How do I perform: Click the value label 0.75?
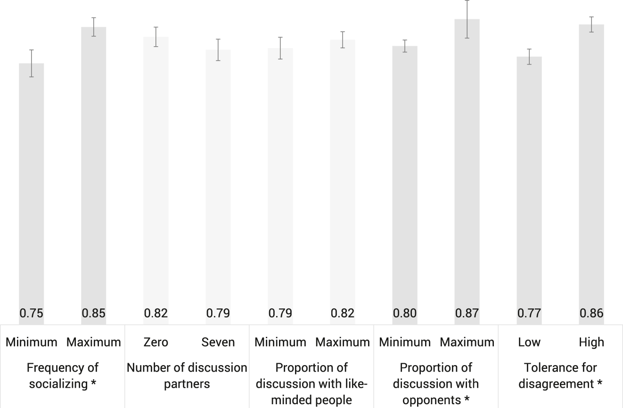click(x=32, y=313)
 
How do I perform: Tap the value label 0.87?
click(x=467, y=313)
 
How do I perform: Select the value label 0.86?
click(x=591, y=313)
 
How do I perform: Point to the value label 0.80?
click(x=405, y=313)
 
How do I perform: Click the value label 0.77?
click(x=529, y=313)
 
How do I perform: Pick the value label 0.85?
click(x=94, y=313)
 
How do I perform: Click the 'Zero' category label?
click(x=156, y=342)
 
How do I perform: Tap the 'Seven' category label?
click(x=218, y=342)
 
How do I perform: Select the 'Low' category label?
click(x=529, y=342)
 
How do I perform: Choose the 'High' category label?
click(x=591, y=342)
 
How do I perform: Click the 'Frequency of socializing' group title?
click(x=62, y=375)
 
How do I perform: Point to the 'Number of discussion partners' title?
click(x=187, y=375)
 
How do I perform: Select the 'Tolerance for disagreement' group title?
click(x=560, y=375)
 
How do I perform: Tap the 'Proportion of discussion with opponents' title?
click(x=436, y=383)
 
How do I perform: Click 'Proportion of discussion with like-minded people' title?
click(x=311, y=383)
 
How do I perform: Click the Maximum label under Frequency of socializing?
click(x=94, y=342)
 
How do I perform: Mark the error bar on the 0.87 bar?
click(x=467, y=19)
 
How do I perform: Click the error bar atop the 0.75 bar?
click(x=32, y=63)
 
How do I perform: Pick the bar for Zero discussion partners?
click(x=156, y=175)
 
